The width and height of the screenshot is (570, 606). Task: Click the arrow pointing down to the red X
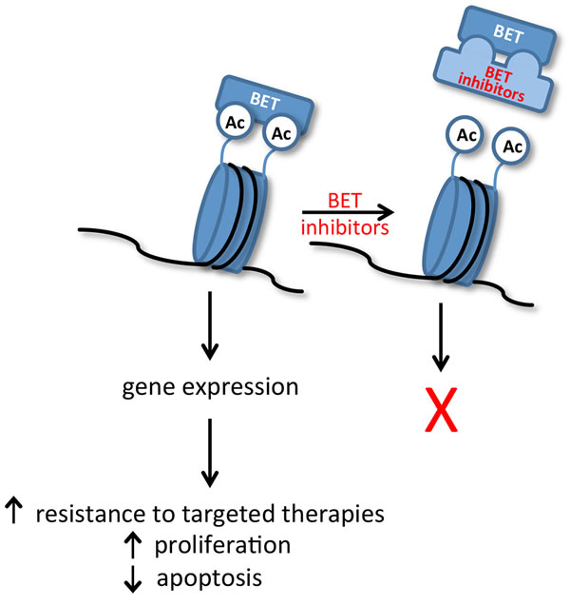click(439, 337)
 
